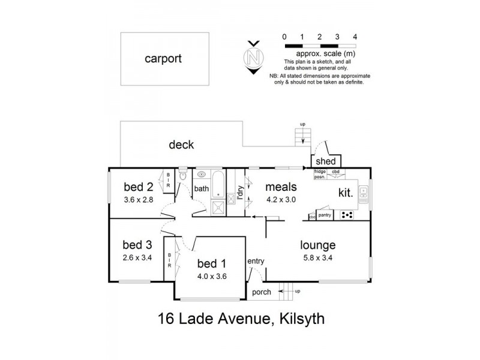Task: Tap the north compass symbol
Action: click(254, 58)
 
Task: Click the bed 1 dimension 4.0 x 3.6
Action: click(213, 277)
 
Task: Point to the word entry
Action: click(256, 261)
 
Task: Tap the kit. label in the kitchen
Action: click(346, 193)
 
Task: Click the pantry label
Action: click(325, 214)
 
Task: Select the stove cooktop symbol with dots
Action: click(347, 215)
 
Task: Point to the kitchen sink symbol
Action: click(363, 192)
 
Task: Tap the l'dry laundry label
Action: click(240, 193)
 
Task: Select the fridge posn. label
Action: click(319, 173)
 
